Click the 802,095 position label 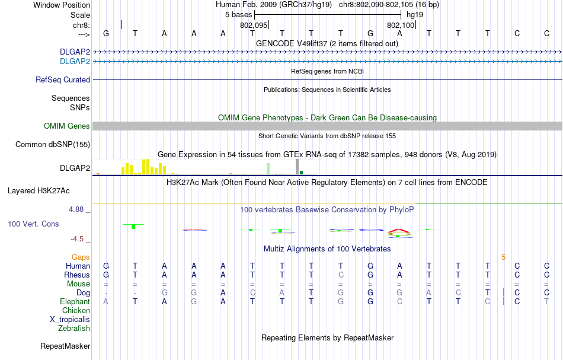(254, 26)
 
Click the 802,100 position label (400, 26)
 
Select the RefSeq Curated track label (63, 79)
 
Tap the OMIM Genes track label (67, 126)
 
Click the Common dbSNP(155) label (53, 144)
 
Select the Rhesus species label (77, 275)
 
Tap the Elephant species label (75, 302)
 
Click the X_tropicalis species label (70, 319)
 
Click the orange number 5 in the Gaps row (503, 257)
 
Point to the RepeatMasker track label (65, 346)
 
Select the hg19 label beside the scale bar (415, 14)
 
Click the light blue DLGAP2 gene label (75, 61)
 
